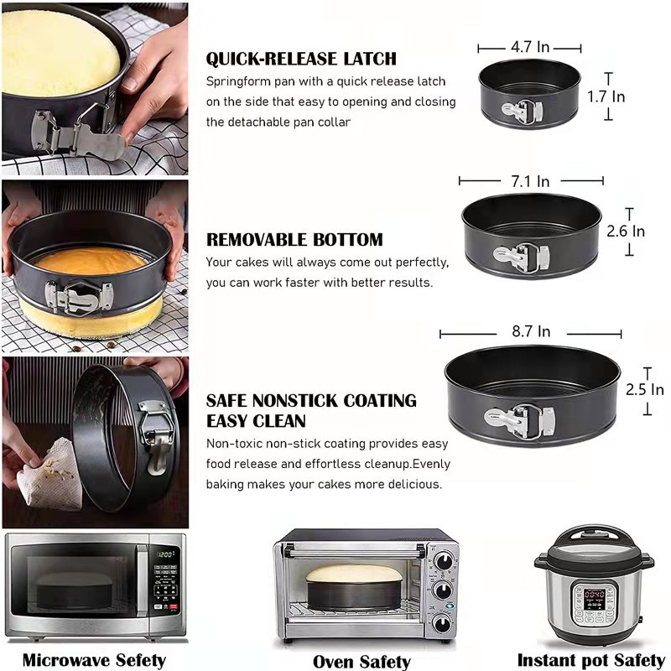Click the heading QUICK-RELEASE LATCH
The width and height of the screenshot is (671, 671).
(301, 59)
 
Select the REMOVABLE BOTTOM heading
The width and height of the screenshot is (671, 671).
(294, 240)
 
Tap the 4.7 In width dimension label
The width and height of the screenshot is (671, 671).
(529, 48)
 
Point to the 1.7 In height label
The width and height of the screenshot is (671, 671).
(606, 97)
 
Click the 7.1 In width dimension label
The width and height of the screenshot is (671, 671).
(531, 181)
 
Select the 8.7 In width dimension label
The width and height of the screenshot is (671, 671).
(531, 331)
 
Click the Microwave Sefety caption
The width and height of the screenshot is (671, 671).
(94, 660)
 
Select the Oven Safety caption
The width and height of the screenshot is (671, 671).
(362, 662)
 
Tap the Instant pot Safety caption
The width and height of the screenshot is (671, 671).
(590, 660)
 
